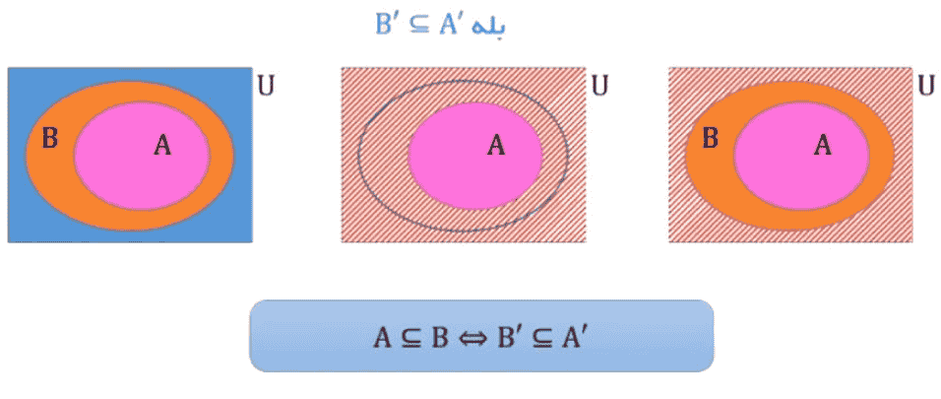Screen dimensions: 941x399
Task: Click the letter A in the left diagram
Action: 162,146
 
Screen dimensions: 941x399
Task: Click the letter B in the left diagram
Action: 50,138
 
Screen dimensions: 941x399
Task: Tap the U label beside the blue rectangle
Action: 266,86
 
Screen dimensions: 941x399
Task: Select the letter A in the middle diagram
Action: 496,145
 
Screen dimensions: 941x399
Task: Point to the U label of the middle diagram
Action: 599,86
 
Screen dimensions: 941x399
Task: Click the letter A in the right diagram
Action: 822,145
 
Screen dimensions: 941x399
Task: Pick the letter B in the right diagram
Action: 711,138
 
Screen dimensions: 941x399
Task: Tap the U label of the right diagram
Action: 926,86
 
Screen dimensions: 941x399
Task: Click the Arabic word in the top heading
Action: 489,26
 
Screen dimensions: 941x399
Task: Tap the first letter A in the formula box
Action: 382,338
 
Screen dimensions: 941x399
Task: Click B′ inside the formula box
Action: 510,338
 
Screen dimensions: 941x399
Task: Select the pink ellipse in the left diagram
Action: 142,157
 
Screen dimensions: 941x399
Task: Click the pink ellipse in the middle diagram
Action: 475,157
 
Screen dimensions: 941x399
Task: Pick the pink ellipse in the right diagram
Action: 802,157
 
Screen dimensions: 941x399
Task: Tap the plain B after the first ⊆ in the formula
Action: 440,338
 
